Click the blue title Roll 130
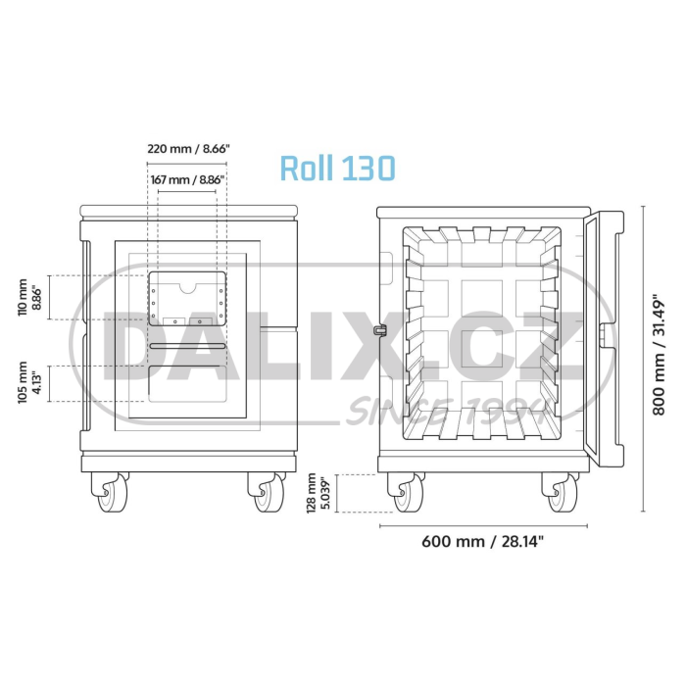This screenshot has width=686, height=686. click(337, 168)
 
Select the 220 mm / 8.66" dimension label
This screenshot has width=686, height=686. click(188, 149)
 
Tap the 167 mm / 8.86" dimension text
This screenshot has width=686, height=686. click(188, 179)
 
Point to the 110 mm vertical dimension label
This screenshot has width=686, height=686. click(29, 297)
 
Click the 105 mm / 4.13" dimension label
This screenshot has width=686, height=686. click(29, 382)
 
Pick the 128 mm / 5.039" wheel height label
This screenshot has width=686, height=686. click(318, 493)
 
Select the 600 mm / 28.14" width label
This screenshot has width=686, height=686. click(482, 542)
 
